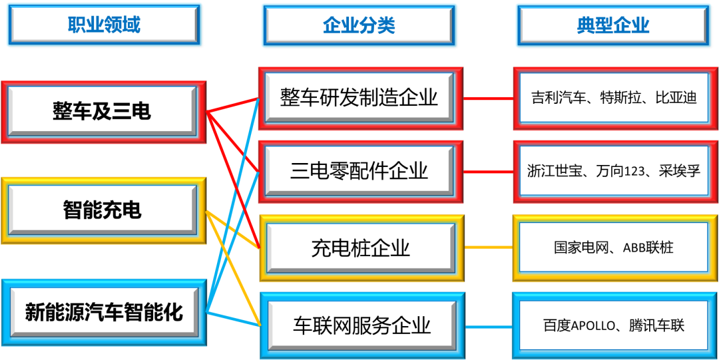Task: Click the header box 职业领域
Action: pyautogui.click(x=103, y=26)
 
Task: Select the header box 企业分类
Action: pyautogui.click(x=359, y=26)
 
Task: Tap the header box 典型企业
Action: pyautogui.click(x=613, y=26)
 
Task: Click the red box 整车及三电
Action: pyautogui.click(x=103, y=112)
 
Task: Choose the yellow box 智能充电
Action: pyautogui.click(x=103, y=211)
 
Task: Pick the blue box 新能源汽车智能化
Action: pyautogui.click(x=103, y=312)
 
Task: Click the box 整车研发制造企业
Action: pyautogui.click(x=359, y=98)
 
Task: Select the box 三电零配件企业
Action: pyautogui.click(x=359, y=171)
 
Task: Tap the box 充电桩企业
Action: pyautogui.click(x=360, y=248)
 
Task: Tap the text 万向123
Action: pyautogui.click(x=620, y=172)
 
